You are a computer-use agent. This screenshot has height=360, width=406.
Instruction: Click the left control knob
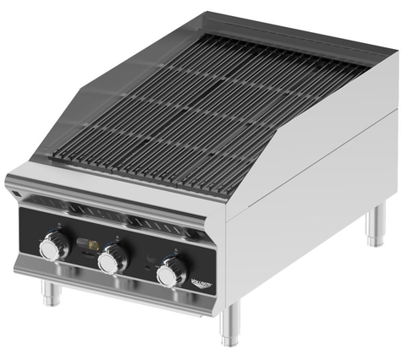click(55, 248)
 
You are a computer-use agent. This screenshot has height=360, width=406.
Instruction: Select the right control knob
click(172, 272)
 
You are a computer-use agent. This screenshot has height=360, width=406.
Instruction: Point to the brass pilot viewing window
click(85, 245)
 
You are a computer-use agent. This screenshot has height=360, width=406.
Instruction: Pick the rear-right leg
click(375, 228)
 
